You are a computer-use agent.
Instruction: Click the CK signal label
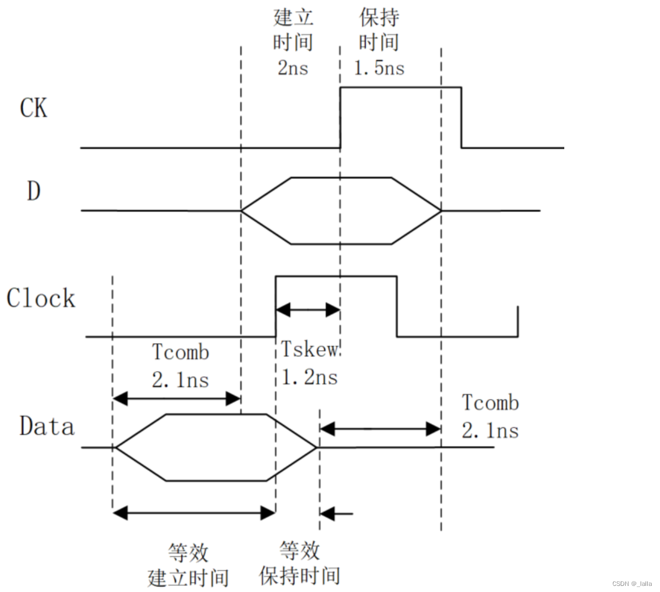pos(34,108)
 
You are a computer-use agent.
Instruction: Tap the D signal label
pos(34,191)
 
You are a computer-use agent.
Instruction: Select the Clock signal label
pos(40,298)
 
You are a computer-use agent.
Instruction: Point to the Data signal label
pos(47,427)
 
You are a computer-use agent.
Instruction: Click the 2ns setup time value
pos(293,68)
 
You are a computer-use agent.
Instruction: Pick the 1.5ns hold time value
pos(379,68)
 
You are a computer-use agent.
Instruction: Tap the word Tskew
pos(310,350)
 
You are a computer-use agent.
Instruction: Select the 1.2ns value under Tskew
pos(310,377)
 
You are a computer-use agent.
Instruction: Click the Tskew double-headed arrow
pos(308,309)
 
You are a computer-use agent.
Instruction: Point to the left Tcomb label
pos(181,352)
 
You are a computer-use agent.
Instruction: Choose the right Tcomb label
pos(491,403)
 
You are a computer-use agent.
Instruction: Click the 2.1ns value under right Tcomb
pos(491,430)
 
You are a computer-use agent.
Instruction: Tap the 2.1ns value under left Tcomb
pos(181,380)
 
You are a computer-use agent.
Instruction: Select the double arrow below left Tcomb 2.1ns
pos(176,398)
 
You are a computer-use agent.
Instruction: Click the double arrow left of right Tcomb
pos(380,428)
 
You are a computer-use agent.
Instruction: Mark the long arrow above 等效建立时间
pos(194,513)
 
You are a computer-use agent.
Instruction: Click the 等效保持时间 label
pos(300,563)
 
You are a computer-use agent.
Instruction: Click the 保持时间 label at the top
pos(379,30)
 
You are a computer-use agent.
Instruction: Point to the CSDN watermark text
pos(632,584)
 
